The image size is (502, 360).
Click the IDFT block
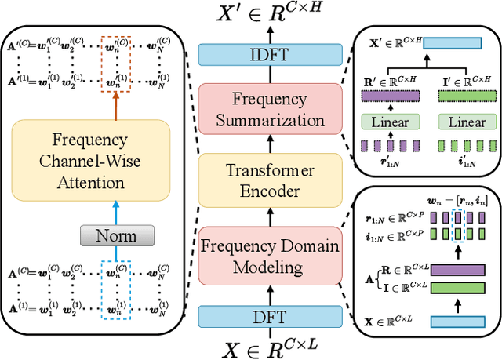point(271,55)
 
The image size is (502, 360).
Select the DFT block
point(271,316)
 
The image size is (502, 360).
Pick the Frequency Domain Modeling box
point(271,256)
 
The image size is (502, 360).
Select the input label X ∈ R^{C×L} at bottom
point(271,346)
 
